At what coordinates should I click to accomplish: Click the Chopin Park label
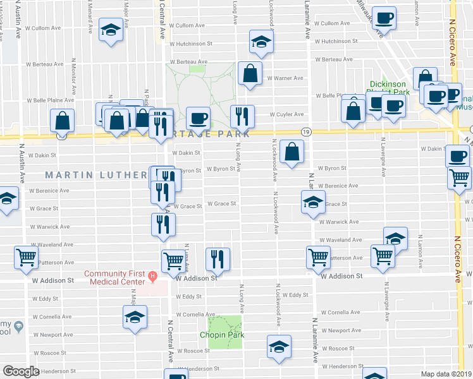222,335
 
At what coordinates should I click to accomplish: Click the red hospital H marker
152,275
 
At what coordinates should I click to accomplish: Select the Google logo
21,371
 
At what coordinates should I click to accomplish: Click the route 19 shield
306,132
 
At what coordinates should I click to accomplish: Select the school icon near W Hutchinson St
259,41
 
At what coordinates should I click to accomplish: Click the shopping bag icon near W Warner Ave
250,73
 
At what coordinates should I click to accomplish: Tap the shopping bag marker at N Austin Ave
63,119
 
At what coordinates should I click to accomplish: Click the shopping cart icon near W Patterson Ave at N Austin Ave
27,256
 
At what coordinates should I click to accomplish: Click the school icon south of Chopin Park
278,347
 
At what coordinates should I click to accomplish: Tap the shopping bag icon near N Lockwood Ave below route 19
291,151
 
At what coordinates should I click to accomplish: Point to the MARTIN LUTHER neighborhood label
95,174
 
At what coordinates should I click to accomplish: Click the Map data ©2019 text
446,374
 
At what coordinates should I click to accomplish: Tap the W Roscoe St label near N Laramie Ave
338,348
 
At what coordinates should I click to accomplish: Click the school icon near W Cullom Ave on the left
111,30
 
